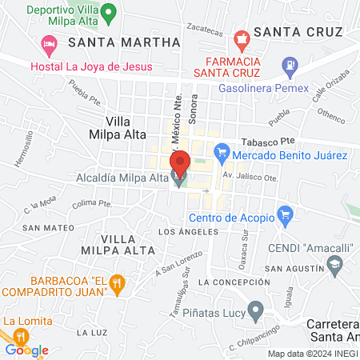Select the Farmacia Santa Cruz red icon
[x=238, y=38]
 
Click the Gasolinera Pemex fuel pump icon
[x=289, y=64]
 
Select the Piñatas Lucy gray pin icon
[x=256, y=309]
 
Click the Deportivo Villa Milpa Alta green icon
[x=111, y=13]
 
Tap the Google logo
[x=26, y=350]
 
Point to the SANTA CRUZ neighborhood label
[x=298, y=32]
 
